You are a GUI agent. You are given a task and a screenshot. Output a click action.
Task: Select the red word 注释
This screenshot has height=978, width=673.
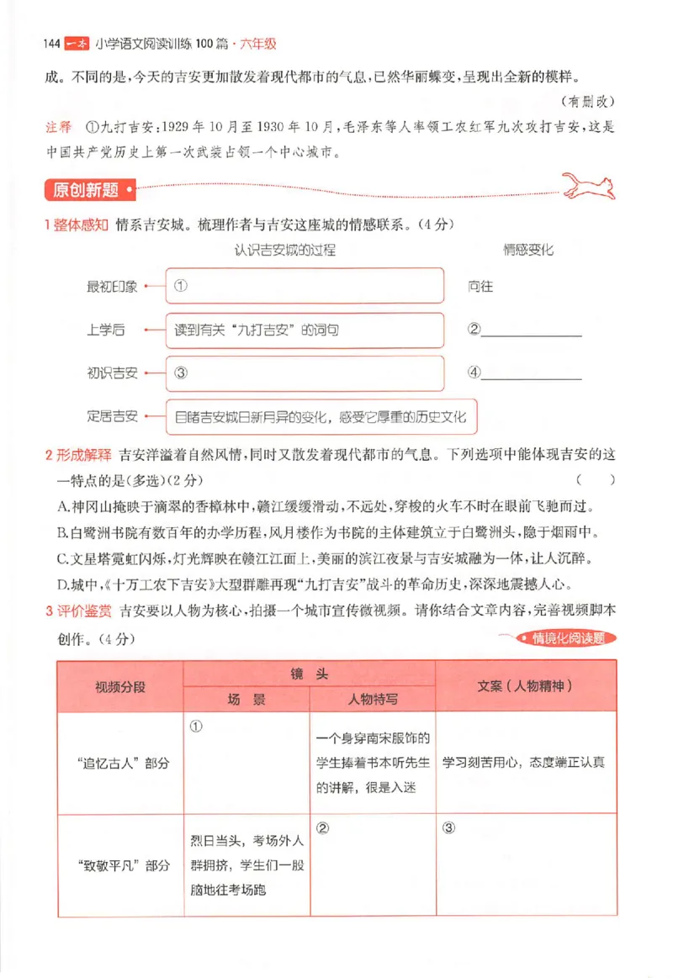tap(58, 128)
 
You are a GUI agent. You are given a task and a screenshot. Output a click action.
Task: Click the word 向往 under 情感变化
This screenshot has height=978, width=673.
tap(480, 286)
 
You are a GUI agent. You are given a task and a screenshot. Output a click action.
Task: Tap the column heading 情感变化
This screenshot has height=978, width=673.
tap(527, 250)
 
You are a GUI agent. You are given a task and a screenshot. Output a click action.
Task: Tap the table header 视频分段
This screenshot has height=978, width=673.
tap(120, 685)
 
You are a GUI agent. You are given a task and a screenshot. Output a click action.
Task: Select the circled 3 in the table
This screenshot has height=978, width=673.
tap(448, 827)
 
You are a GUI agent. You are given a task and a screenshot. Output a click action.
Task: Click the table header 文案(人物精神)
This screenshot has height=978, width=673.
tap(526, 685)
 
